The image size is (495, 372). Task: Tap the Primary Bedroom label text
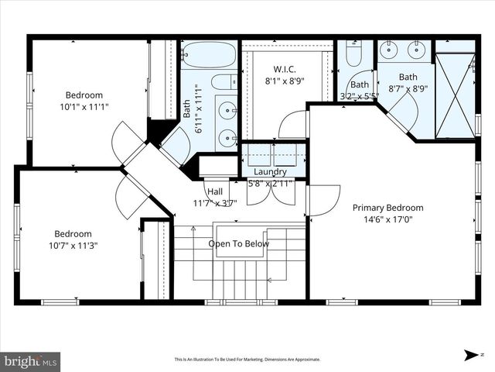coord(387,208)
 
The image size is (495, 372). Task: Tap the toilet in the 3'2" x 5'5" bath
coord(353,54)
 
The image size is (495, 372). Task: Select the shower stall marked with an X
coord(455,95)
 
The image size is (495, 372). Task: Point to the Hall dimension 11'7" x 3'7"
coord(215,203)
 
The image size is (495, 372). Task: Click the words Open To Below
coord(239,244)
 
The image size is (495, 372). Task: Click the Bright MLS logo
coord(31,361)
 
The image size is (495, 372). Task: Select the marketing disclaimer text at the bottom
coord(247,360)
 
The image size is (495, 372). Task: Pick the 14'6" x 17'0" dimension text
coord(387,219)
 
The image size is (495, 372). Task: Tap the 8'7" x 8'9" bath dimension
coord(408,88)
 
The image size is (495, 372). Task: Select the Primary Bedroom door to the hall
coord(323,200)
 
